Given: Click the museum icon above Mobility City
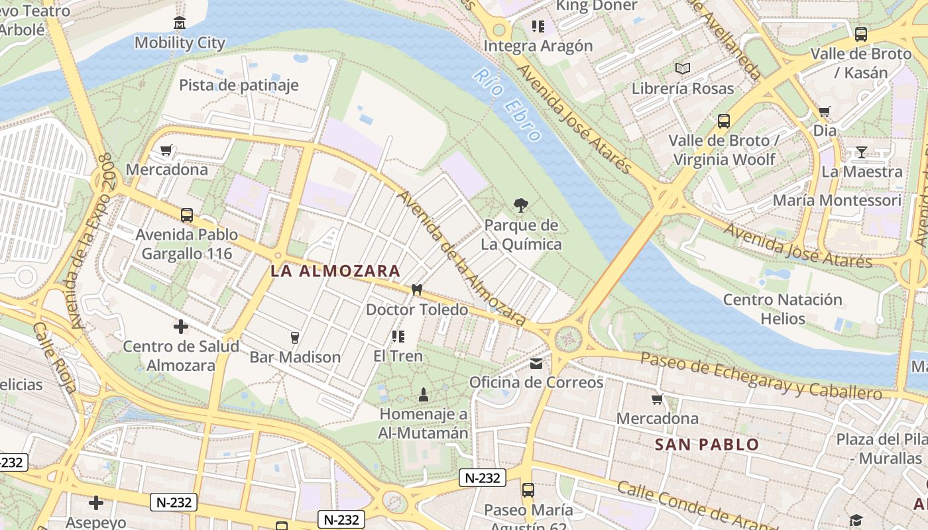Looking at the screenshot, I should coord(179,24).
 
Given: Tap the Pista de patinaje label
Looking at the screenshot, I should coord(239,85).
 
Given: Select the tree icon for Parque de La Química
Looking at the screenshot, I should coord(521,205).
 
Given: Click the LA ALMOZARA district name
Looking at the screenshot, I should coord(335,271).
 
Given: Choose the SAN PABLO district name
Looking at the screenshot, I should coord(707,445).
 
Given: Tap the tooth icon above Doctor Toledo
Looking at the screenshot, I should coord(417,290).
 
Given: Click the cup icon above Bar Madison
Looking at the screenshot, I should coord(295,338).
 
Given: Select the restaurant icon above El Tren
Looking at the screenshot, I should coord(398,337).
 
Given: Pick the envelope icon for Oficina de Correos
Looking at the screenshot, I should coord(536,363).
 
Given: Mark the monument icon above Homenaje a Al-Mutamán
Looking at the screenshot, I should coord(424,395).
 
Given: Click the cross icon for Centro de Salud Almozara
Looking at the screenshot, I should coord(180,327).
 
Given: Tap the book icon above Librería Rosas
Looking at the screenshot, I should coord(682,68).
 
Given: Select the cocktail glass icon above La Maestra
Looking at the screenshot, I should coord(861,152).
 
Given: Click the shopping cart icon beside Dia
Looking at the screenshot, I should coord(824,111).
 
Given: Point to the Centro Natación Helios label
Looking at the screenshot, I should coord(782,309).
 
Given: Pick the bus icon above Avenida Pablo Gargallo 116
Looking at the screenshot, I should coord(187,215).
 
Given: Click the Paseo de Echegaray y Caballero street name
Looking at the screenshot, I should coord(762,377).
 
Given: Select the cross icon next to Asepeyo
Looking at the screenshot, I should coord(96,503).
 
